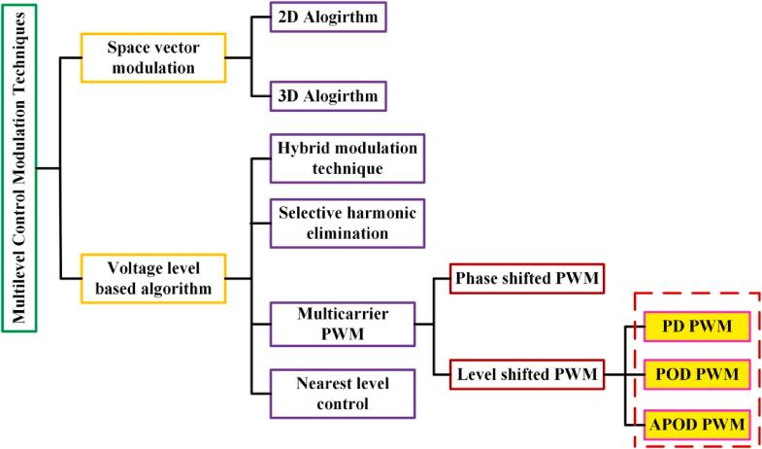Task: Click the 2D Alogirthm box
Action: tap(328, 18)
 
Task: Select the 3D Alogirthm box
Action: tap(328, 96)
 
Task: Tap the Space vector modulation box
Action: tap(153, 57)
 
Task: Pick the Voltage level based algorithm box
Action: tap(153, 278)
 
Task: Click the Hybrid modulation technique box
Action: tap(347, 158)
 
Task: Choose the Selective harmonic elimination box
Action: tap(347, 223)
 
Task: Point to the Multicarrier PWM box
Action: tap(342, 324)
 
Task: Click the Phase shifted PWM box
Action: tap(527, 279)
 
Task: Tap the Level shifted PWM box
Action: tap(527, 374)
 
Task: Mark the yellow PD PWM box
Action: tap(697, 326)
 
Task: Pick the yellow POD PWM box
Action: tap(697, 374)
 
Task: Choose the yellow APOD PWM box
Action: tap(697, 423)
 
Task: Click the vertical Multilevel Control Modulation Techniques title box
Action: tap(18, 168)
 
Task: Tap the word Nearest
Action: tap(321, 384)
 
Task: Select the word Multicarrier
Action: tap(342, 314)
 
